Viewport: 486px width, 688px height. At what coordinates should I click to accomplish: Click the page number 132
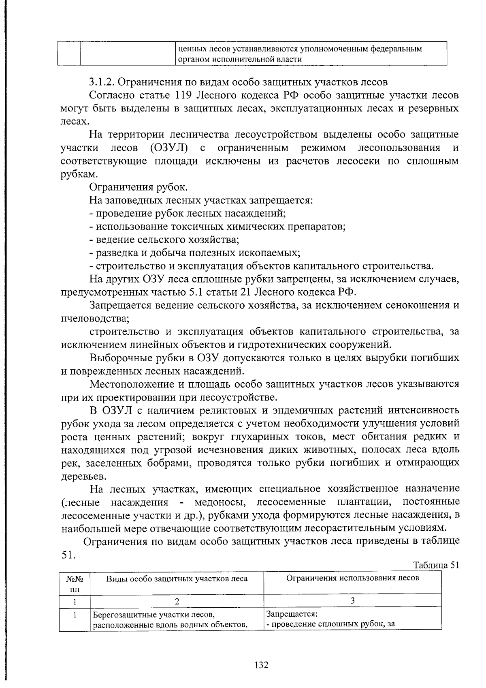(x=262, y=665)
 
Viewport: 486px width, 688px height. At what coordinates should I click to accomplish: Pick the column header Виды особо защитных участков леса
(x=177, y=579)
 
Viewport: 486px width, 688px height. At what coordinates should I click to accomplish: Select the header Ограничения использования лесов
(x=352, y=578)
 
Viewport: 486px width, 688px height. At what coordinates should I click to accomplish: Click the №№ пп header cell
(x=75, y=583)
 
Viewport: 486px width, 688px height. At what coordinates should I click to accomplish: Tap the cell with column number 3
(x=352, y=601)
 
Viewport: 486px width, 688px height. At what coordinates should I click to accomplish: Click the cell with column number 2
(x=177, y=601)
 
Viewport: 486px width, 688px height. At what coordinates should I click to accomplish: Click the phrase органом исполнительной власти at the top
(x=240, y=60)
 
